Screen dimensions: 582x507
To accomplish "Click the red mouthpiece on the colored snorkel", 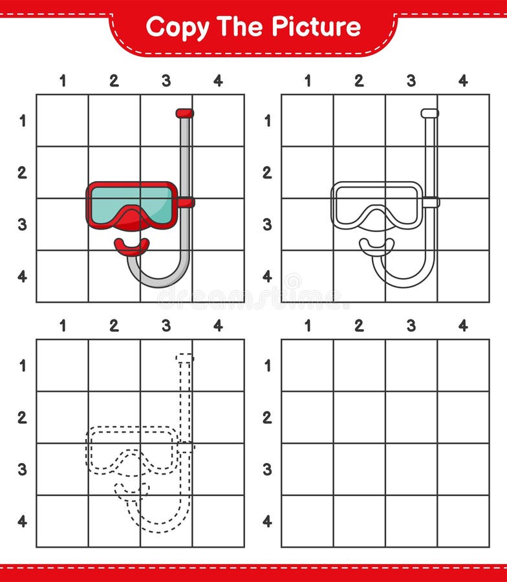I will point(131,246).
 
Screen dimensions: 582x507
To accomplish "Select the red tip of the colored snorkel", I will point(184,113).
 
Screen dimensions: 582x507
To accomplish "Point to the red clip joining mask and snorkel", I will point(186,202).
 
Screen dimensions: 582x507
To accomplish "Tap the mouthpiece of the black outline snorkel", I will point(376,246).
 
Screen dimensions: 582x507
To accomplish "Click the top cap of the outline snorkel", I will point(429,113).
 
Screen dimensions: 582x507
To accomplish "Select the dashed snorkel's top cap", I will point(185,358).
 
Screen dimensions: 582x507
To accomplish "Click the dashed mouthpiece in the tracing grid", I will point(131,490).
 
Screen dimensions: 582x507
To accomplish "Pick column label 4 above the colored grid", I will point(218,81).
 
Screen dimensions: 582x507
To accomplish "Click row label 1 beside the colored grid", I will point(22,121).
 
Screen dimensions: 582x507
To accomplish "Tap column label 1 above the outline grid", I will point(307,81).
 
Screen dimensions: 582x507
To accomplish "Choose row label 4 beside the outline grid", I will point(267,276).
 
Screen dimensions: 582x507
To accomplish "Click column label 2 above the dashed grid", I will point(114,326).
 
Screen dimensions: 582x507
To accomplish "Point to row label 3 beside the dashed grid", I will point(22,469).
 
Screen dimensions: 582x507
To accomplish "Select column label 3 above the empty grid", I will point(411,326).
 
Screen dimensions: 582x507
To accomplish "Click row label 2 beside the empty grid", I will point(267,418).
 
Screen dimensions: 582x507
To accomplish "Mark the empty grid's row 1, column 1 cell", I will point(307,365).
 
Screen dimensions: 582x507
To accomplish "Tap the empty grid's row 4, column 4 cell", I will point(463,521).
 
